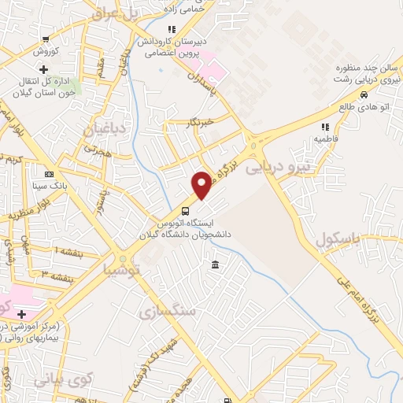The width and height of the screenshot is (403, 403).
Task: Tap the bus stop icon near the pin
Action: (185, 211)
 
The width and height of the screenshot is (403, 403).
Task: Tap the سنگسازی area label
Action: (165, 312)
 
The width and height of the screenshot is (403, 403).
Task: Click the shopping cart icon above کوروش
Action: (47, 39)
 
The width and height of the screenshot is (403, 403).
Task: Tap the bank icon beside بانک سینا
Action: (50, 174)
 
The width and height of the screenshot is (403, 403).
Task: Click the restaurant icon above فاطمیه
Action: (324, 126)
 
